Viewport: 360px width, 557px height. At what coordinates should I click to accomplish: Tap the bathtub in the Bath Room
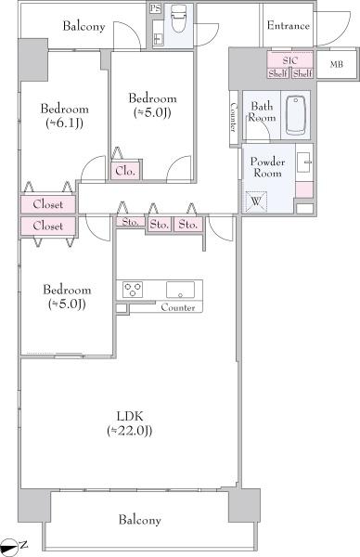tap(296, 115)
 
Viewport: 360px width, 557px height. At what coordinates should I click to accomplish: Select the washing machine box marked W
tap(256, 201)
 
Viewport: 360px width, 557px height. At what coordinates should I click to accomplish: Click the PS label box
tap(155, 8)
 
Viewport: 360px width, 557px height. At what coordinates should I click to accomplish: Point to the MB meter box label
tap(336, 64)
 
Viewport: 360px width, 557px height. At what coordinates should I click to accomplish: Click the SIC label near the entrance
tap(290, 60)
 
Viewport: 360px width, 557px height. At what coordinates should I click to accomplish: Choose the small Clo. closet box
tap(125, 171)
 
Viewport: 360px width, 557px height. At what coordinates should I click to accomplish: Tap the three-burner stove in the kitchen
tap(133, 289)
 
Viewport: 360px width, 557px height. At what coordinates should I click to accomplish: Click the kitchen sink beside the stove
tap(180, 290)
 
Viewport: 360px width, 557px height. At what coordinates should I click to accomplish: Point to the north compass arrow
tap(9, 545)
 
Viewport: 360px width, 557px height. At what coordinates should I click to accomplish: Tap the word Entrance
tap(288, 26)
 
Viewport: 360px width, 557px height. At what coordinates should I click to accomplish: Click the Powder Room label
tap(268, 167)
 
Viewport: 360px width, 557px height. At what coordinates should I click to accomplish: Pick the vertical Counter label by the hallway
tap(233, 117)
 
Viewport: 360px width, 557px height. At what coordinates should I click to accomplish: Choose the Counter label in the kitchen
tap(178, 307)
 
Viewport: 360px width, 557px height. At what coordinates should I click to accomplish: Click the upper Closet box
tap(48, 204)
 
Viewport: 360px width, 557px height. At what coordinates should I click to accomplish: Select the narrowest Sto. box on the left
tap(130, 222)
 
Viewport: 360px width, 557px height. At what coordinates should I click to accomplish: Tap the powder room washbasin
tap(304, 162)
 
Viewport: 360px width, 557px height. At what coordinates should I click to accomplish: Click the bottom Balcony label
tap(139, 520)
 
